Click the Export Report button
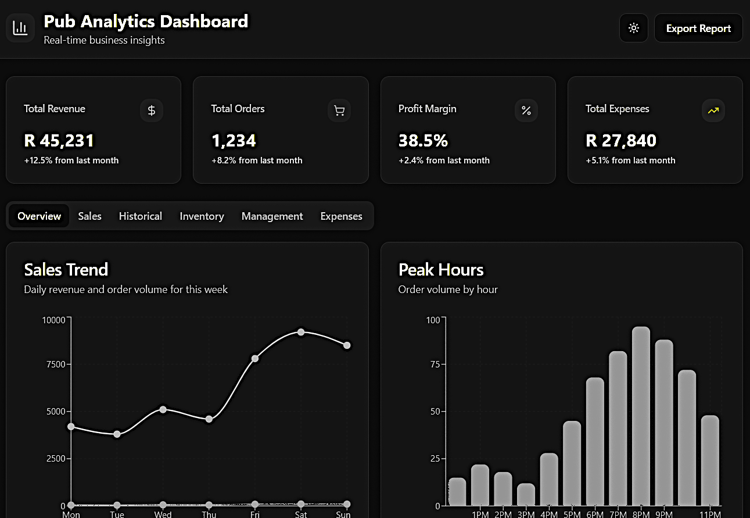point(698,28)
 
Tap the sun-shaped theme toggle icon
point(634,28)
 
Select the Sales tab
point(89,216)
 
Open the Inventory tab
point(202,216)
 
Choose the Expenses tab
point(341,216)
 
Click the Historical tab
point(140,216)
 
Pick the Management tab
point(272,216)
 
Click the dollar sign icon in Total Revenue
point(152,110)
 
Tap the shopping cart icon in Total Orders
point(339,110)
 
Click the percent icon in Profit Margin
point(526,110)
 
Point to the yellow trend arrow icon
point(713,110)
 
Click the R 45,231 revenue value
point(59,141)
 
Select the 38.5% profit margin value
point(423,141)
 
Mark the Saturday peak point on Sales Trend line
point(301,332)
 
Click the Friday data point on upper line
point(255,358)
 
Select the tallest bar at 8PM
point(641,416)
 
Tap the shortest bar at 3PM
point(526,494)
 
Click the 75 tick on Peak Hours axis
point(433,365)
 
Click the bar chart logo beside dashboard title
point(20,28)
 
